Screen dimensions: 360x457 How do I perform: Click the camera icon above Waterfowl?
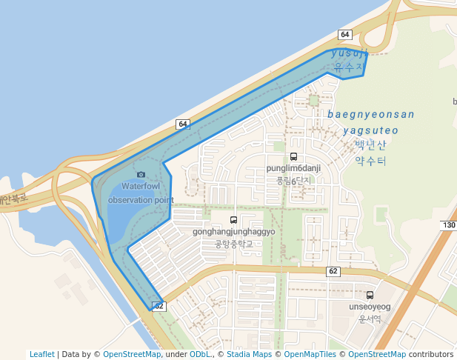[141, 175]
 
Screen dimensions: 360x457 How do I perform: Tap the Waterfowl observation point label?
[141, 193]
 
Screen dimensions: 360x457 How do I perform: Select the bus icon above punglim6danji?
[293, 156]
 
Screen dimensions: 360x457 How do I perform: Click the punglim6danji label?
[293, 168]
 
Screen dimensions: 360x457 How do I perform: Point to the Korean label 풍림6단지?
[293, 180]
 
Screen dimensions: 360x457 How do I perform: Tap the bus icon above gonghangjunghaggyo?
[234, 220]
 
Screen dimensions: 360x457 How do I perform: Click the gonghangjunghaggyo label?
[234, 232]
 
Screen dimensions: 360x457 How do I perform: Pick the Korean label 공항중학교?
[234, 244]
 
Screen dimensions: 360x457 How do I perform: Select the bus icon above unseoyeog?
[370, 295]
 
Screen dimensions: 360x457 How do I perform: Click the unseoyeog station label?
[370, 307]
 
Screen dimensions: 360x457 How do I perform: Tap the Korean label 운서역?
[370, 319]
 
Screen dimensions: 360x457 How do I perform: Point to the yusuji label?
[350, 53]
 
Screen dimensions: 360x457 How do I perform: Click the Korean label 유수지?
[350, 67]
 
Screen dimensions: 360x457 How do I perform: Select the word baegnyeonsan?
[371, 114]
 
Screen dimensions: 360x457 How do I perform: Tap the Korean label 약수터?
[370, 160]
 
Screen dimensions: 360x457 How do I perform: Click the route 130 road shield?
[448, 225]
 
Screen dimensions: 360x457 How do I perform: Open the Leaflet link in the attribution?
[42, 354]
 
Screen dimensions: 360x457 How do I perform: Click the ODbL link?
[201, 354]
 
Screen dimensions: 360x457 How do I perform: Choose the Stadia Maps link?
[249, 354]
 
